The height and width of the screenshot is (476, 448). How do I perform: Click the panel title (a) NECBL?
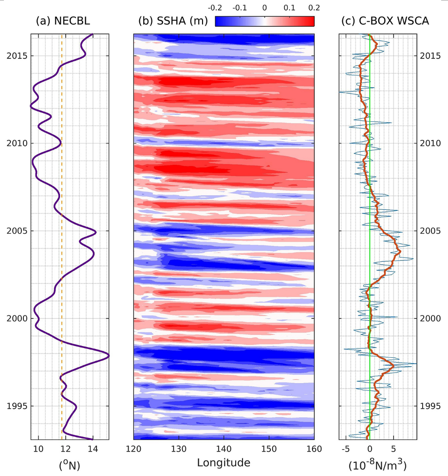click(x=63, y=21)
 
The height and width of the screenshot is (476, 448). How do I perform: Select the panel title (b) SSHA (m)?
click(x=173, y=21)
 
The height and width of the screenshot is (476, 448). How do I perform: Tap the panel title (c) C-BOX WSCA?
click(x=378, y=21)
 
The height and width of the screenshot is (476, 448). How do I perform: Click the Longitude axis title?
click(x=224, y=462)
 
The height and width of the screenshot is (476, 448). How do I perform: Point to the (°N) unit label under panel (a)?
click(x=69, y=465)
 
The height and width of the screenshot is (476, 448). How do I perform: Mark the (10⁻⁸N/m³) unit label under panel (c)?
click(x=378, y=464)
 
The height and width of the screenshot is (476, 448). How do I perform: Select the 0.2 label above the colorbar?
click(x=314, y=8)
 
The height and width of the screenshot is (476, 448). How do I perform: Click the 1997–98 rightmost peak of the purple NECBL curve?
click(x=108, y=356)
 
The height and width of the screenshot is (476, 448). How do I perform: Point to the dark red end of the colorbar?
click(x=311, y=21)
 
